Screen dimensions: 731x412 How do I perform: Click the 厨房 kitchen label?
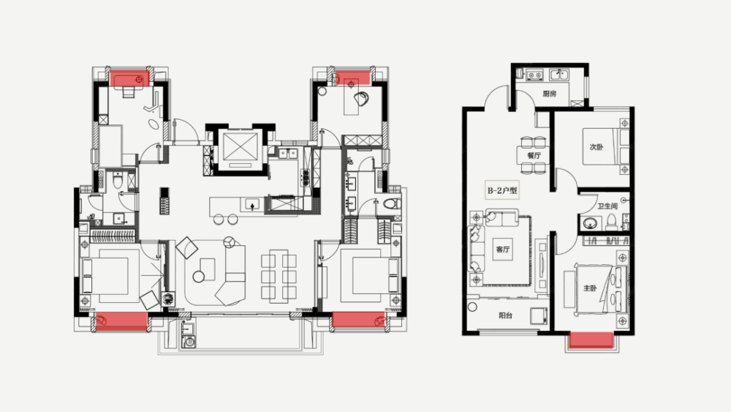coord(549,94)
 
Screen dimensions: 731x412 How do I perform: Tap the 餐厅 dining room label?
coord(534,155)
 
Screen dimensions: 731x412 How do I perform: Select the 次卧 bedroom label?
coord(596,147)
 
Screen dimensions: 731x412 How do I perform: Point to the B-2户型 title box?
coord(502,190)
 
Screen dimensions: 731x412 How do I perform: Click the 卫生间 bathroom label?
coord(607,206)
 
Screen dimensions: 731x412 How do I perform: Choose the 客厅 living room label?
coord(503,249)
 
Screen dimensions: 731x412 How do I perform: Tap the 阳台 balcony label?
coord(506,315)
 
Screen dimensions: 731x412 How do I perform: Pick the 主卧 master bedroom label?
coord(590,288)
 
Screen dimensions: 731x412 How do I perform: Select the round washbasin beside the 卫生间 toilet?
coord(589,223)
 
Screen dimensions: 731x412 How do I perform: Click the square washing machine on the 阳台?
coord(539,315)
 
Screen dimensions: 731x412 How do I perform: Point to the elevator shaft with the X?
coord(240,147)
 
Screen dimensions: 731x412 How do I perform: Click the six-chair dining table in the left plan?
coord(279,276)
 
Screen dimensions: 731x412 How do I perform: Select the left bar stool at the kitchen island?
coord(219,219)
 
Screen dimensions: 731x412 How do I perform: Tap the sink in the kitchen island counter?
coord(252,205)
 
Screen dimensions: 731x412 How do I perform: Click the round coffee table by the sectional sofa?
coord(199,277)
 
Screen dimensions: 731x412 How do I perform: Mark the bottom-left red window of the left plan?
coord(121,321)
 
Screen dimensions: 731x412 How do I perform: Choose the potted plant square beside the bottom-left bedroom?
coord(168,299)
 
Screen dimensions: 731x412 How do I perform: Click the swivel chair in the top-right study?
coord(361,99)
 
